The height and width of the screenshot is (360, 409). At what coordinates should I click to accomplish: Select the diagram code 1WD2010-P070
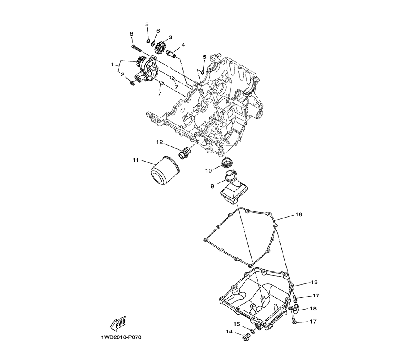121,337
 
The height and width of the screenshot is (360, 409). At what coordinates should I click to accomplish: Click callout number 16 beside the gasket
299,214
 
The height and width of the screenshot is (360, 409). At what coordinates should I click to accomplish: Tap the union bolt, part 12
184,153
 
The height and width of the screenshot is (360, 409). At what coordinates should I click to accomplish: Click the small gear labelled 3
160,47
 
